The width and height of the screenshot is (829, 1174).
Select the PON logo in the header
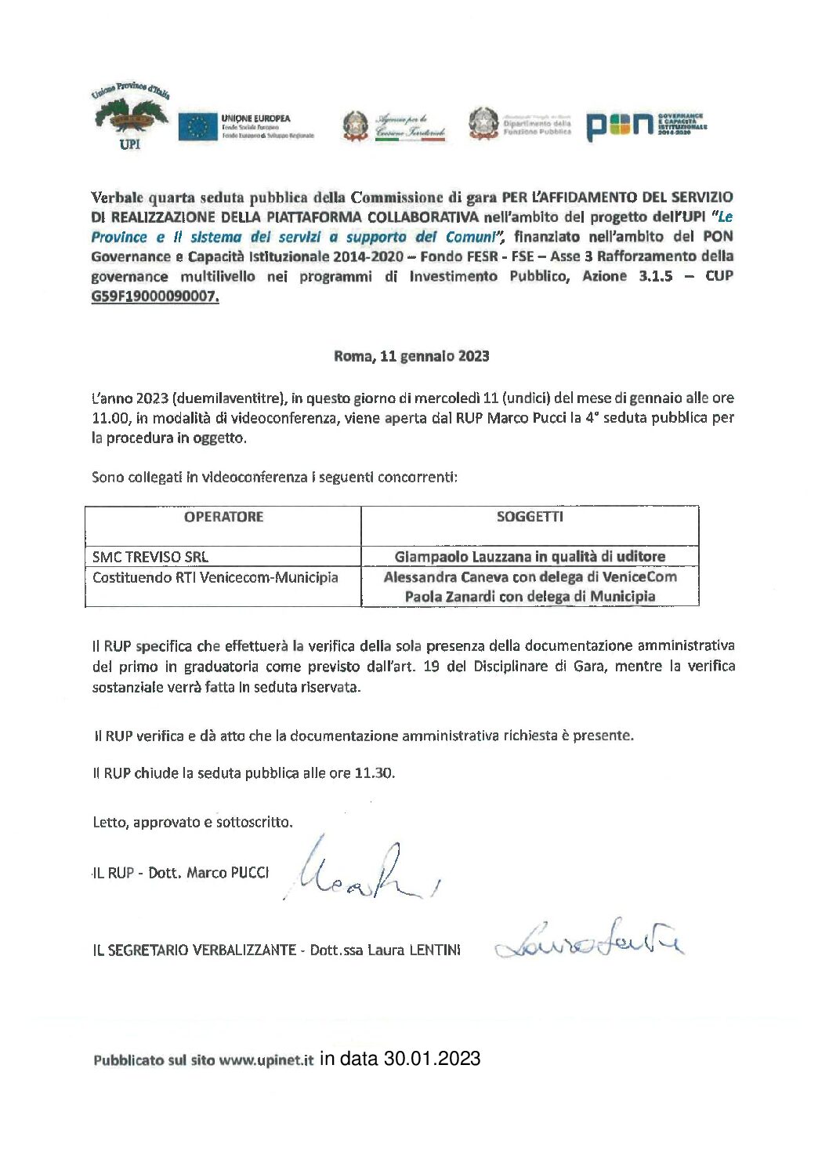pos(619,125)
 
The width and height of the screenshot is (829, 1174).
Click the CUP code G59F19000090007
pos(155,296)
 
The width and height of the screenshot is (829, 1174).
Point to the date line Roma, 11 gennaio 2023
pos(411,356)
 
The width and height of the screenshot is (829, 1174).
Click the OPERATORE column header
pos(223,517)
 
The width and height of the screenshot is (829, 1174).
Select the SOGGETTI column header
pos(530,517)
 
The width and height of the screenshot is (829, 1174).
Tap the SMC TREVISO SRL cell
pos(150,557)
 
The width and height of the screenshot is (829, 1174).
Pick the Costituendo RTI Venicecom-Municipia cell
pos(215,577)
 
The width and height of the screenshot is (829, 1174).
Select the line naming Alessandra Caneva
pos(530,577)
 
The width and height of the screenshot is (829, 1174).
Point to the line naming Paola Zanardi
pos(530,596)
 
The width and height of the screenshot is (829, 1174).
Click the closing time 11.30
pos(373,773)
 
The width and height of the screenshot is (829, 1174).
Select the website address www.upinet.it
pos(266,1060)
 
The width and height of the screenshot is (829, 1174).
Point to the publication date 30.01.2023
pos(432,1059)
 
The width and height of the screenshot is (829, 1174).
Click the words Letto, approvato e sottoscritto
pos(193,823)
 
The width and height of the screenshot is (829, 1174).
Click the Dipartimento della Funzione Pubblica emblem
pos(483,124)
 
